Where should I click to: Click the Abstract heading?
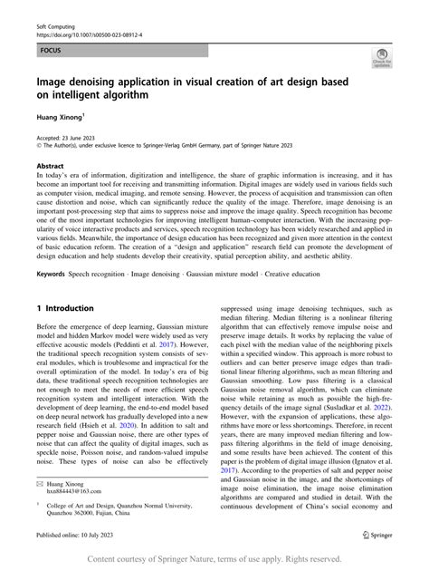pyautogui.click(x=50, y=167)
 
